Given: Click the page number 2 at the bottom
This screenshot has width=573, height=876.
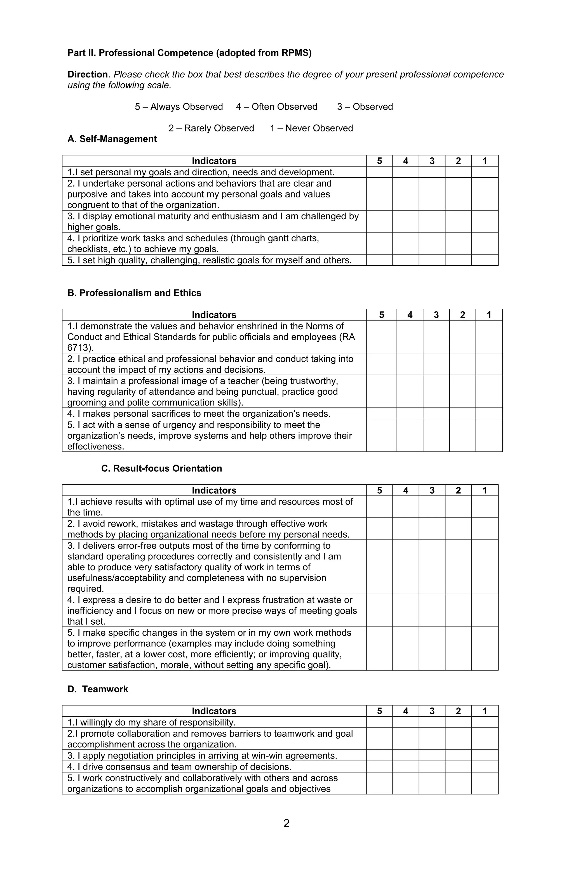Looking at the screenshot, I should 286,823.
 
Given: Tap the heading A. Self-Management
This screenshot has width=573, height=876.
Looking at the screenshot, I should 112,139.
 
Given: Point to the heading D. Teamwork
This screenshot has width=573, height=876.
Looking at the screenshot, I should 98,689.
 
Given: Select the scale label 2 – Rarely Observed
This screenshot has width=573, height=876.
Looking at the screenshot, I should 211,128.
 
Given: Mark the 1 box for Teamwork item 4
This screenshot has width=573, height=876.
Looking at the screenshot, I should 484,767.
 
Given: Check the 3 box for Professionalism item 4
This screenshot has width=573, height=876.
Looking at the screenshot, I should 436,413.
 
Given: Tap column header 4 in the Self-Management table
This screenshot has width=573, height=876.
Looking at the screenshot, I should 405,161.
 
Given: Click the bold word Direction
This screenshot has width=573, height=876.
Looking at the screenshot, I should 87,74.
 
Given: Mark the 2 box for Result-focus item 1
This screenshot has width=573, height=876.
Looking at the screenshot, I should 458,507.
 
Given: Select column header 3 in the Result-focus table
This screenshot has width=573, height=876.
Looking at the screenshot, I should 432,490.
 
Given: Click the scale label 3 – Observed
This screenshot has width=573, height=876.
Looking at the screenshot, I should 365,107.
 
